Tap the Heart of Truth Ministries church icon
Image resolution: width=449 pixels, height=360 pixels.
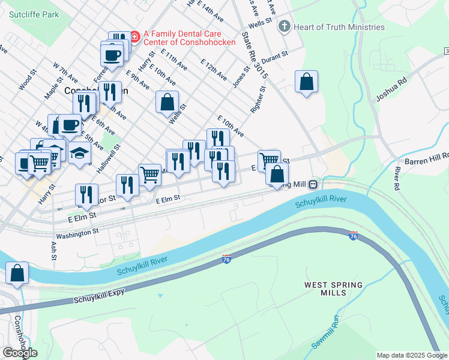pos(284,27)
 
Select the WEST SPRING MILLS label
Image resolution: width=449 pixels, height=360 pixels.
pos(333,289)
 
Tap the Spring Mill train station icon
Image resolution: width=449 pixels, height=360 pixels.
pos(313,184)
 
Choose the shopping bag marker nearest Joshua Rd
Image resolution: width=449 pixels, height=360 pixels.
pos(306,82)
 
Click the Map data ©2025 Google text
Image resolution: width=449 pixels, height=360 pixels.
pos(411,355)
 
